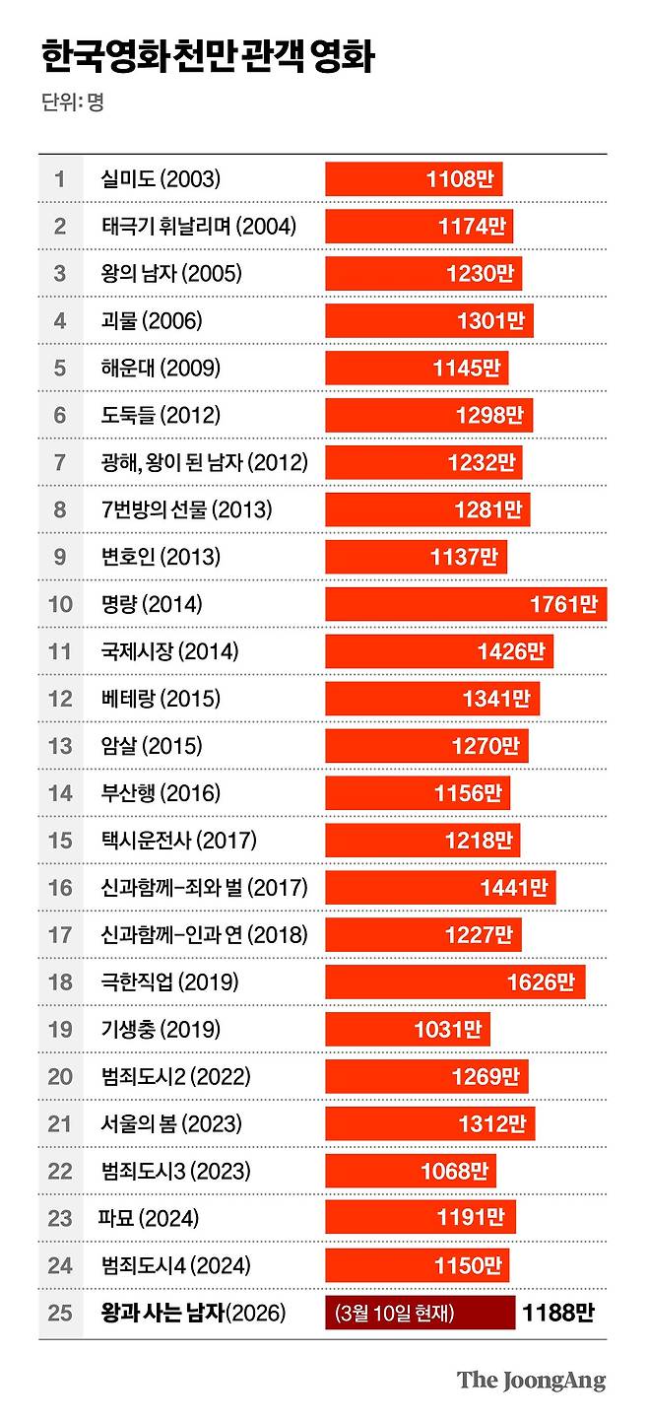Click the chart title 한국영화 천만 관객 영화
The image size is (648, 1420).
coord(208,58)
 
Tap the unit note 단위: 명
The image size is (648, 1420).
coord(73,101)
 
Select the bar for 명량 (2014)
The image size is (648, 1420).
coord(465,604)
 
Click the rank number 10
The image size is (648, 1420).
coord(60,604)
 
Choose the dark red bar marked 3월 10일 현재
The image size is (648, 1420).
coord(420,1314)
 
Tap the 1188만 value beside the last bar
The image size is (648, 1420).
coord(558,1314)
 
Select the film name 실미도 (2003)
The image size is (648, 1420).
coord(161,179)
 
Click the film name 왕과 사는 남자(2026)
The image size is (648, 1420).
coord(193,1314)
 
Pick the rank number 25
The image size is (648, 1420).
coord(60,1314)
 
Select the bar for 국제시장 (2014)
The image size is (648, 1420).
coord(438,651)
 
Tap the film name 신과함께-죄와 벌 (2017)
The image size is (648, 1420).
coord(204,888)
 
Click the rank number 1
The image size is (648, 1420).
coord(60,179)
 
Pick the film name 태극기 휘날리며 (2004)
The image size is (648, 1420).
coord(198,227)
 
